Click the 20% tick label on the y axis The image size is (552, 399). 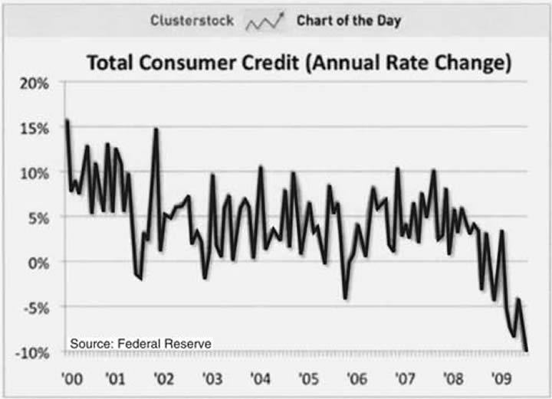34,83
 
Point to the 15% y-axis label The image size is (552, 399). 34,128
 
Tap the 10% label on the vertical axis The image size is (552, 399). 34,172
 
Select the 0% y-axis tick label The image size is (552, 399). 38,263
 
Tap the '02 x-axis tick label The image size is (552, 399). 163,378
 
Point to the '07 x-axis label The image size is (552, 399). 403,378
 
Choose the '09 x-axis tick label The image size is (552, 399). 500,378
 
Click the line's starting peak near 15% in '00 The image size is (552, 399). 67,120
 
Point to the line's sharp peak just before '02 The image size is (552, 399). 156,129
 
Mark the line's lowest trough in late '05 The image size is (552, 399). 346,297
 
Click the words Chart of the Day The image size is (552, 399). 349,21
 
